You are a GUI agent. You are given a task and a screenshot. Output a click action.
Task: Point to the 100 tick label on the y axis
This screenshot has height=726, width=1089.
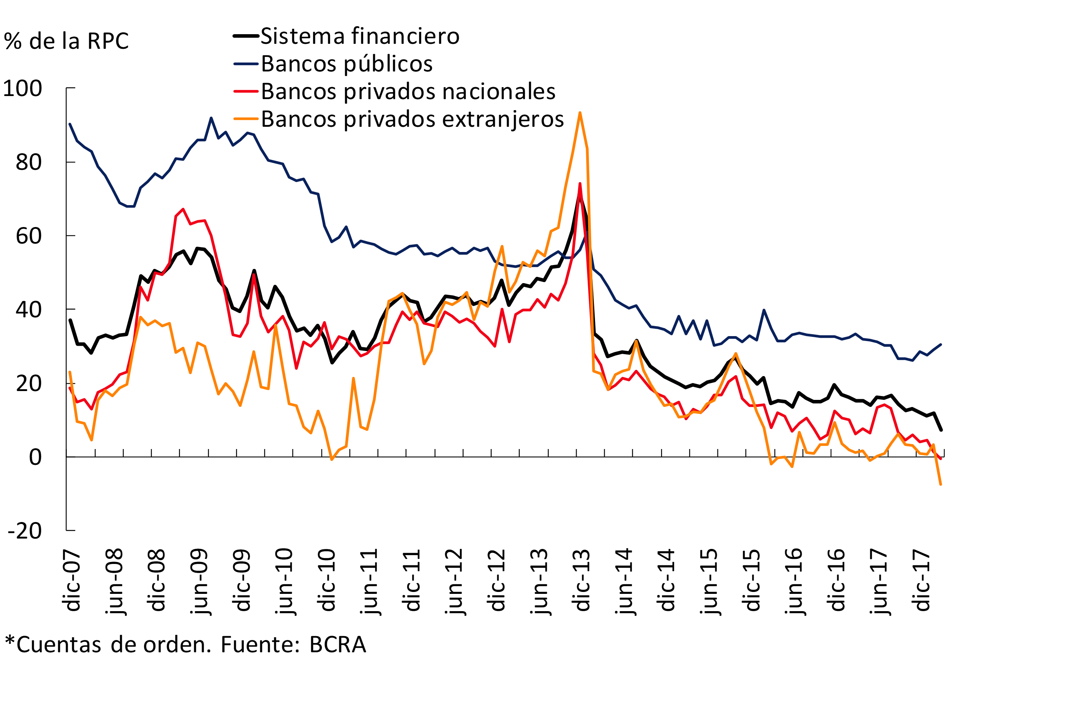pyautogui.click(x=23, y=88)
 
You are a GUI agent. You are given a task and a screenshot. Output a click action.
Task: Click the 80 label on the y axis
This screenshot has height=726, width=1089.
pyautogui.click(x=29, y=162)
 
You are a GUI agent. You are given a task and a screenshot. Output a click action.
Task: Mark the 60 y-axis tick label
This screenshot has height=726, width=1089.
pyautogui.click(x=29, y=236)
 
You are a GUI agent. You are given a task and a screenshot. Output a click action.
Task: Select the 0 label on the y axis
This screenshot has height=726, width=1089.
pyautogui.click(x=35, y=457)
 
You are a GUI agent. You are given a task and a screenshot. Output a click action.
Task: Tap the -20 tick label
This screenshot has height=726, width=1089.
pyautogui.click(x=25, y=531)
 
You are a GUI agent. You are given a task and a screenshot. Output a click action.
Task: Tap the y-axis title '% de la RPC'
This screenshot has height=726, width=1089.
pyautogui.click(x=66, y=41)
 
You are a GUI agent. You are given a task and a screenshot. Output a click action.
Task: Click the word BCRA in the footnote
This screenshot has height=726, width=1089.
pyautogui.click(x=338, y=645)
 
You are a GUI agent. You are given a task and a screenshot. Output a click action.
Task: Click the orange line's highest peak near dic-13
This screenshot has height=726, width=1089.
pyautogui.click(x=580, y=113)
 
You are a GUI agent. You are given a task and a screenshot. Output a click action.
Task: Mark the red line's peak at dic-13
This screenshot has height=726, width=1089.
pyautogui.click(x=580, y=184)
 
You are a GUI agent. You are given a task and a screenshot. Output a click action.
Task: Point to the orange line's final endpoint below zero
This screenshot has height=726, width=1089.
pyautogui.click(x=940, y=484)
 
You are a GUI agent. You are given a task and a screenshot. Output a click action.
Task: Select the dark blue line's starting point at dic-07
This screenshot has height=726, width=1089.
pyautogui.click(x=70, y=124)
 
